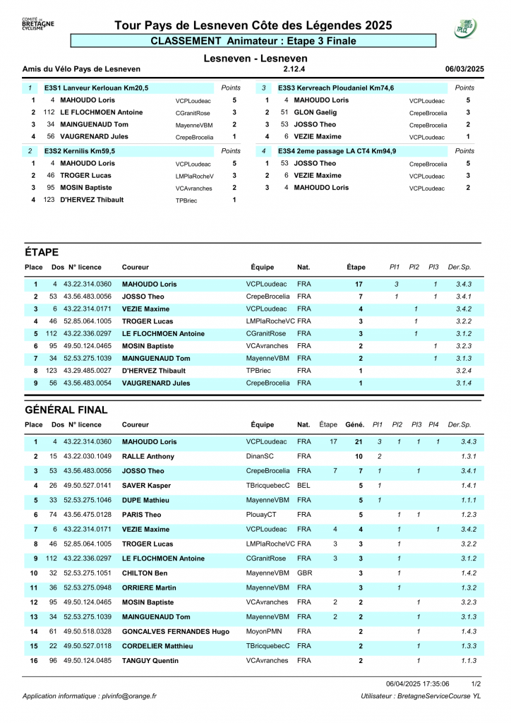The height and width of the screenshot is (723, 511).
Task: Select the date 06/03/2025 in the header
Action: click(464, 68)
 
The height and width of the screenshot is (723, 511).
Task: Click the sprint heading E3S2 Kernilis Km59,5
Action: click(80, 150)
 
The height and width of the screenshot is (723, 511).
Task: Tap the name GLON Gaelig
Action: click(315, 112)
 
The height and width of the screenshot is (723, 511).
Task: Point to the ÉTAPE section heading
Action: click(42, 252)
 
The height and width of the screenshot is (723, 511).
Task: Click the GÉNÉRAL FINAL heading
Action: click(66, 410)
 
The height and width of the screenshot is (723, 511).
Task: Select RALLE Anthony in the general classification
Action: click(148, 456)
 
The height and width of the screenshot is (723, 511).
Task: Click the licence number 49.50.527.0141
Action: click(88, 486)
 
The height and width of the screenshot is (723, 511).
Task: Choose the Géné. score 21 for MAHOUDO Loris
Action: click(359, 442)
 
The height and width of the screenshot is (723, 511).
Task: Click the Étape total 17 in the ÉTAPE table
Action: click(359, 284)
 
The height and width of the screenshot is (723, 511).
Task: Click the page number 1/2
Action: click(476, 683)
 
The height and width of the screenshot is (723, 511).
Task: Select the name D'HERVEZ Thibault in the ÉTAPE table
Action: click(154, 370)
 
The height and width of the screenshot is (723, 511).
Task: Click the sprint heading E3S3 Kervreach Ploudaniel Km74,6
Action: click(336, 88)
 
